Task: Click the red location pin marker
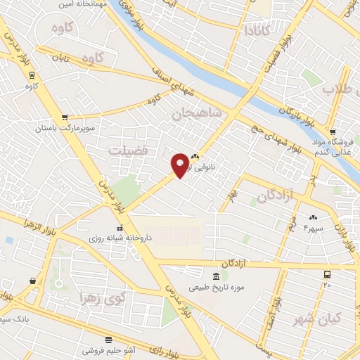point(180,165)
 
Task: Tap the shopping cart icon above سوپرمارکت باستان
point(65,117)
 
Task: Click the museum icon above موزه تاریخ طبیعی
point(215,275)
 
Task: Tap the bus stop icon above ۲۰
point(326,274)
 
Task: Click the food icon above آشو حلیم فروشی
point(109,339)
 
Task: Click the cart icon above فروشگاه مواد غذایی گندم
point(333,131)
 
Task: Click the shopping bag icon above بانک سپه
point(32,282)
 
